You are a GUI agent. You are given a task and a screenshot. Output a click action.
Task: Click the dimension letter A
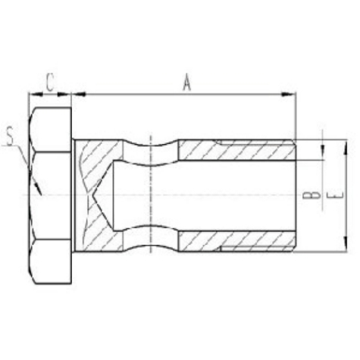click(186, 82)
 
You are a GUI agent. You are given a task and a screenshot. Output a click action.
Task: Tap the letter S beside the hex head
click(10, 136)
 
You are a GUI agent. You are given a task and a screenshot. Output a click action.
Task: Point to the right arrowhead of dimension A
click(291, 95)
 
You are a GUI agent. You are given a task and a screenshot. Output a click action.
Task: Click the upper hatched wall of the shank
click(235, 150)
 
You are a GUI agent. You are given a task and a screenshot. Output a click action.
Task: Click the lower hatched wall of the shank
click(235, 241)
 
